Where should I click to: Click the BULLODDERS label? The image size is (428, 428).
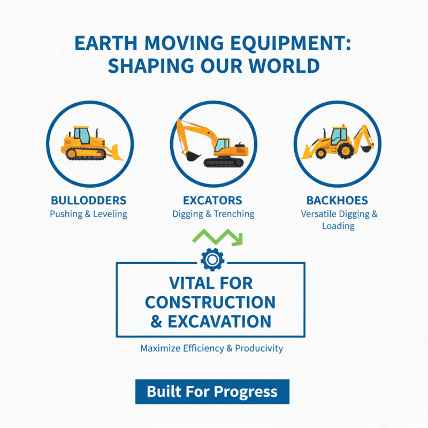point(88,201)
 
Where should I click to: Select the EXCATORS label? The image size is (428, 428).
point(212,201)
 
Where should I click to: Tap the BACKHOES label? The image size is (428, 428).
point(337,201)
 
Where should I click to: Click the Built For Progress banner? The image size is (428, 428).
point(212,392)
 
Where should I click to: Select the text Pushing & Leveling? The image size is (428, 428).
point(88,214)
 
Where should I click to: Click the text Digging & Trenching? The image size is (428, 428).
point(213,214)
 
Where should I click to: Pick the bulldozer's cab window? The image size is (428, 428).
point(82,135)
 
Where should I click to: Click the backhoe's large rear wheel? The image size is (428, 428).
point(345,149)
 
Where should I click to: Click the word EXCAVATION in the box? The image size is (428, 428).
point(219,322)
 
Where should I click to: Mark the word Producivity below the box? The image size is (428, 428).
point(258,348)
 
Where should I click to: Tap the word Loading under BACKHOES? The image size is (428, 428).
point(338,226)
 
